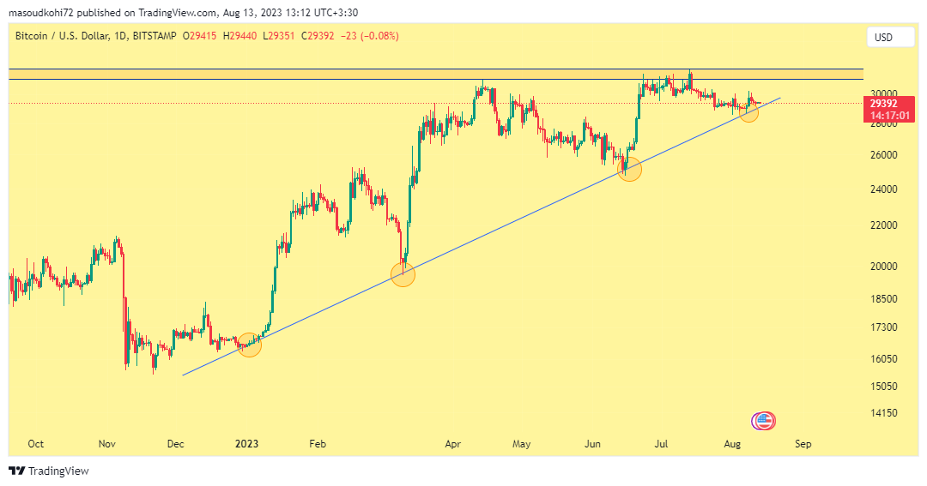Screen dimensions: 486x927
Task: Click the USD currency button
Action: tap(883, 37)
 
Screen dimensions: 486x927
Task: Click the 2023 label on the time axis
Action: tap(246, 444)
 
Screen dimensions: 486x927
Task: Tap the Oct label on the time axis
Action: tap(36, 444)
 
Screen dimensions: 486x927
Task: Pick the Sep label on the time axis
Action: tap(803, 444)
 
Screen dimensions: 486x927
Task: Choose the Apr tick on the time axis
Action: tap(454, 444)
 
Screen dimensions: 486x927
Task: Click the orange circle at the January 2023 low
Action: tap(250, 345)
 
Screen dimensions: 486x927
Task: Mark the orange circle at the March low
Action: tap(403, 274)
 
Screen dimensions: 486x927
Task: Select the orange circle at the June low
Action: tap(630, 168)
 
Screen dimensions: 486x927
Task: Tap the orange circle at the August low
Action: tap(748, 112)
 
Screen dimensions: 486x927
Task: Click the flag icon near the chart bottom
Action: tap(763, 421)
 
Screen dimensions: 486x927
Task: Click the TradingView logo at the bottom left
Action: tap(49, 471)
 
